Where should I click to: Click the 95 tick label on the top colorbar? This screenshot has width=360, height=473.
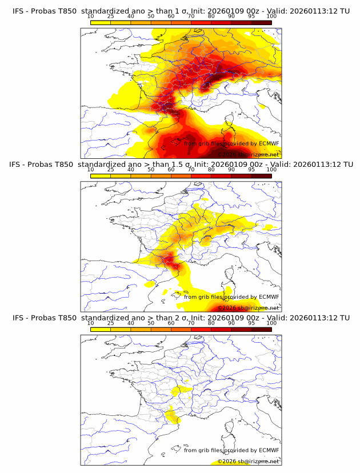[251, 16]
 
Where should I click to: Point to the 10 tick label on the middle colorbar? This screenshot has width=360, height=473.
[91, 170]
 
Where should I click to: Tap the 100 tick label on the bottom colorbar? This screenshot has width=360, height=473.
[271, 323]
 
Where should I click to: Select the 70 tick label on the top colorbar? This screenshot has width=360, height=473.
[191, 16]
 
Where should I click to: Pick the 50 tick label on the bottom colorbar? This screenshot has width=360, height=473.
[151, 323]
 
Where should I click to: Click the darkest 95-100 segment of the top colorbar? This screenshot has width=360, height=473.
[261, 22]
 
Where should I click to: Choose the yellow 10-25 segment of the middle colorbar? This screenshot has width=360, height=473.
[101, 175]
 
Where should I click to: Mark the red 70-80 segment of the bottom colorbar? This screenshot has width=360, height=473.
[201, 329]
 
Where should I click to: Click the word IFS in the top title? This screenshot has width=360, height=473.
[19, 11]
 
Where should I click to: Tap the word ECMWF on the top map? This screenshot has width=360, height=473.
[269, 143]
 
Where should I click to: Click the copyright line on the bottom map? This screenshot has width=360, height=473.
[249, 461]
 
